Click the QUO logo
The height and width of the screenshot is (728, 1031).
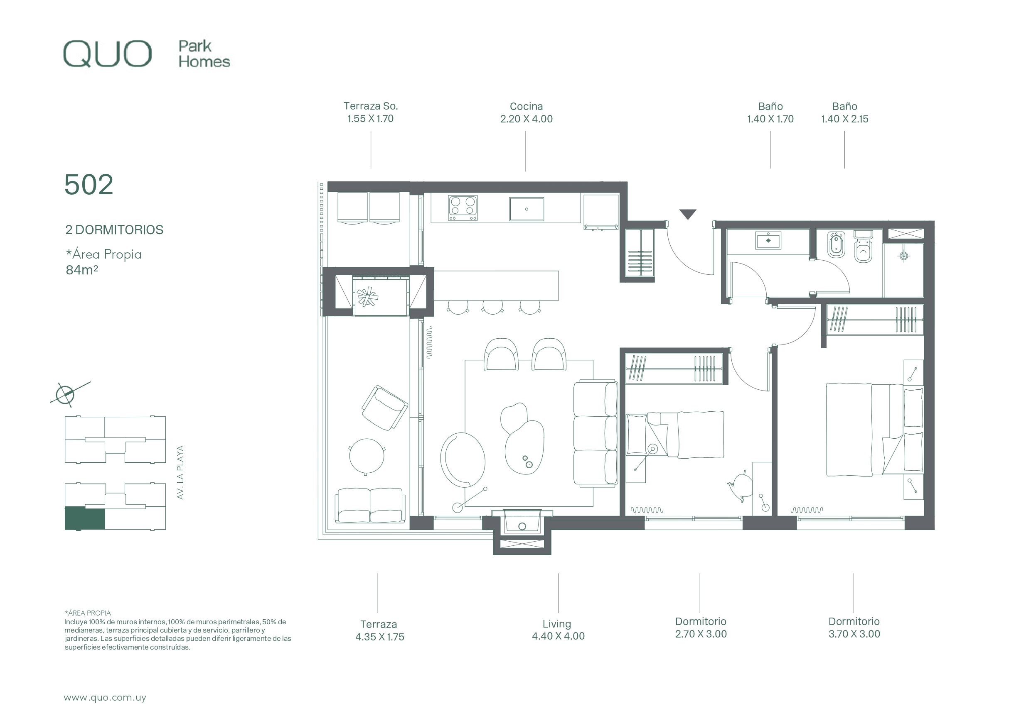pyautogui.click(x=107, y=54)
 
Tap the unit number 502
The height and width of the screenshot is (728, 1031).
pyautogui.click(x=89, y=184)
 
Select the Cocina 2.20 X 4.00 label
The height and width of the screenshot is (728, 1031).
pyautogui.click(x=526, y=112)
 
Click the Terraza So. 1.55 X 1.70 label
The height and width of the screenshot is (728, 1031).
pyautogui.click(x=370, y=112)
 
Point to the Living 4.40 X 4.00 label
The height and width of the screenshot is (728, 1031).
pyautogui.click(x=558, y=630)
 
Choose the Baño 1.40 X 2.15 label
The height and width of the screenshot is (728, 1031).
pyautogui.click(x=845, y=112)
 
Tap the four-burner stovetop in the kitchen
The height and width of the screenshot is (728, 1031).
pyautogui.click(x=463, y=208)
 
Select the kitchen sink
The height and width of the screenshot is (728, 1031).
pyautogui.click(x=526, y=209)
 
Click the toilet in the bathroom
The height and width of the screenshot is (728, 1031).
pyautogui.click(x=863, y=247)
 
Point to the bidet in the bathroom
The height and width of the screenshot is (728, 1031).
pyautogui.click(x=836, y=245)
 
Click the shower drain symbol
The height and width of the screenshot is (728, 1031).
pyautogui.click(x=904, y=256)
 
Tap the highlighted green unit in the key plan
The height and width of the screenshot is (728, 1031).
pyautogui.click(x=85, y=518)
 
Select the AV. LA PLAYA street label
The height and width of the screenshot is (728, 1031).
pyautogui.click(x=180, y=472)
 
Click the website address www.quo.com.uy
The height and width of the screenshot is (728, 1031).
pyautogui.click(x=105, y=698)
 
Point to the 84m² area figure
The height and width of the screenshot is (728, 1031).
pyautogui.click(x=82, y=270)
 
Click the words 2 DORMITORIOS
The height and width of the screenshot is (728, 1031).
pyautogui.click(x=114, y=230)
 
